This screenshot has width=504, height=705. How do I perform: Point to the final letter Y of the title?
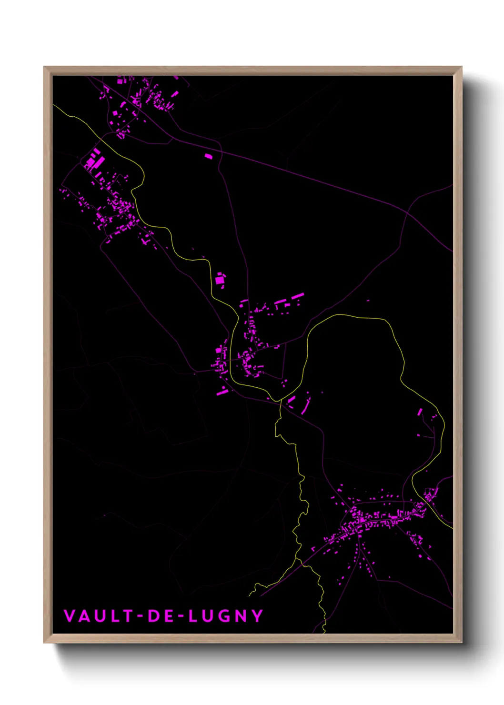click(258, 616)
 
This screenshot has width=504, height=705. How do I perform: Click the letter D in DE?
click(154, 616)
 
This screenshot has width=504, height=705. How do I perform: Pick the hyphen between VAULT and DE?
click(141, 616)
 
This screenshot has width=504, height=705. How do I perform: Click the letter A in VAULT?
click(84, 616)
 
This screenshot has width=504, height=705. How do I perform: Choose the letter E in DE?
click(168, 616)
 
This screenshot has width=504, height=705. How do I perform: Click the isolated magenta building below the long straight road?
click(208, 156)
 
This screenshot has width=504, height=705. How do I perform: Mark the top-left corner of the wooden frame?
click(45, 68)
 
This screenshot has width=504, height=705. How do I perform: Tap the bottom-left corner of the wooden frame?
click(45, 642)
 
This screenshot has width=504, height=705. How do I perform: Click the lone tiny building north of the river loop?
click(368, 301)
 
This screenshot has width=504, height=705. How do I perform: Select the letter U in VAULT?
click(100, 616)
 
